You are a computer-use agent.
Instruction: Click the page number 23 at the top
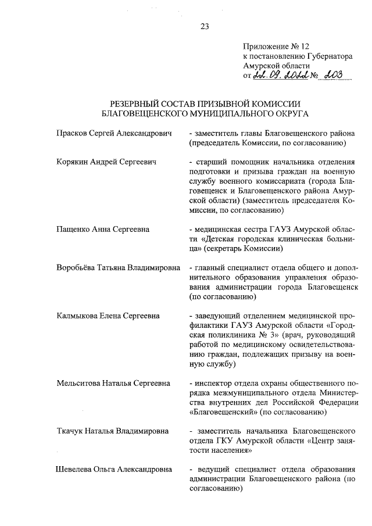[205, 26]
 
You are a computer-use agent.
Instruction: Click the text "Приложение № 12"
[272, 46]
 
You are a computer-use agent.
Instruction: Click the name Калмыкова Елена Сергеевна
[108, 316]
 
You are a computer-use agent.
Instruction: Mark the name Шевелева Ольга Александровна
[114, 469]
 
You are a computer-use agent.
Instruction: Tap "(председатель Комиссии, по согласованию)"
[267, 143]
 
